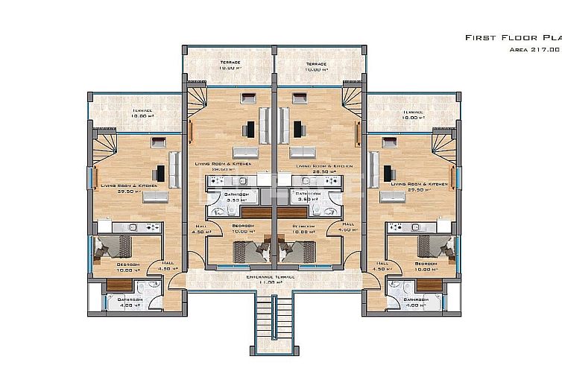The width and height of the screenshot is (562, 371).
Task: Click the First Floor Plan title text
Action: [x=513, y=37]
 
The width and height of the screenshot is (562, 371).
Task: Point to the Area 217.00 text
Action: [x=534, y=49]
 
